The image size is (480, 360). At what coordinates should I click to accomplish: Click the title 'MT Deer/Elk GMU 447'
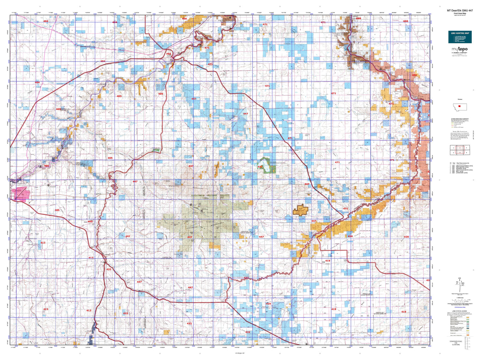(460, 11)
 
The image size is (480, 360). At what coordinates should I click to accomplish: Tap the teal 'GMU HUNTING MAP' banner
(460, 33)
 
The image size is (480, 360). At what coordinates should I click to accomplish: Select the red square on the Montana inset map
(460, 106)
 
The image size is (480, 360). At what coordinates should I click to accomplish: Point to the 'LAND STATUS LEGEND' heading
(459, 311)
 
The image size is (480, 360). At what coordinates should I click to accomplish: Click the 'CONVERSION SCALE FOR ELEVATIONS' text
(456, 343)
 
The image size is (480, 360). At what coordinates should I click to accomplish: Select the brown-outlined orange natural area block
(300, 210)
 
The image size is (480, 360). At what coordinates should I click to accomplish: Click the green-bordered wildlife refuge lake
(266, 165)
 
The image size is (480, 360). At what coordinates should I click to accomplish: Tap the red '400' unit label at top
(184, 19)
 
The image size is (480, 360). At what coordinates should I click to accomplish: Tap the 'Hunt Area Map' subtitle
(460, 13)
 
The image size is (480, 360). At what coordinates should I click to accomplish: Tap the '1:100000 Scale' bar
(460, 300)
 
